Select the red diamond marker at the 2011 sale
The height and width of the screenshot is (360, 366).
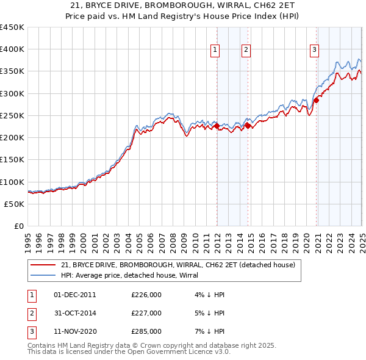click(217, 126)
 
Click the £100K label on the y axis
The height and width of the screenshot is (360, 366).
click(12, 182)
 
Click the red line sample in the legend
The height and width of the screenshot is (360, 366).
click(44, 265)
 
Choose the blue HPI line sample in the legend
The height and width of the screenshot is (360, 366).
click(44, 275)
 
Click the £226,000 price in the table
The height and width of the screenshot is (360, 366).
click(146, 295)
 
